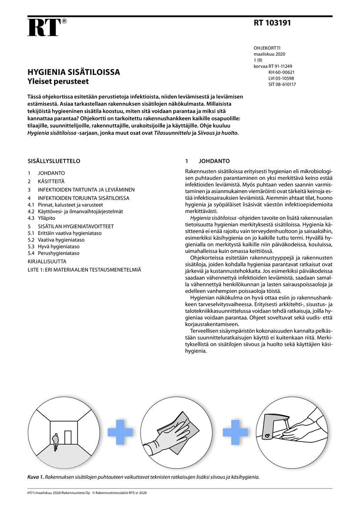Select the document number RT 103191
tap(272, 23)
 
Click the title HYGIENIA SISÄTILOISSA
tap(74, 72)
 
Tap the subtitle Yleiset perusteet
tap(58, 81)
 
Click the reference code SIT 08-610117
tap(282, 84)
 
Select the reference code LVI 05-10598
tap(281, 78)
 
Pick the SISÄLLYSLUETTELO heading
tap(54, 161)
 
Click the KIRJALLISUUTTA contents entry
tap(47, 262)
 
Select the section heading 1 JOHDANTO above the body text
tap(208, 161)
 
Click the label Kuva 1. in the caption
tap(36, 477)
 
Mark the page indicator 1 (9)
tap(258, 60)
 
